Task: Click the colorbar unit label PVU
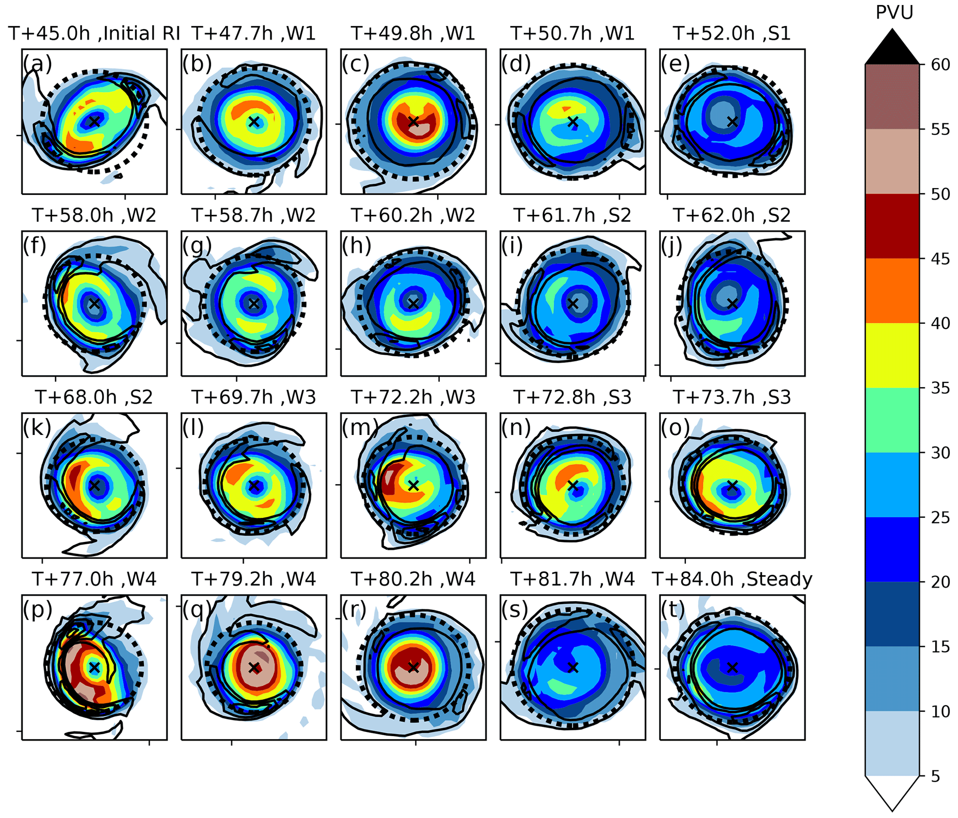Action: [x=894, y=13]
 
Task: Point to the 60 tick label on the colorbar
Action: [x=941, y=64]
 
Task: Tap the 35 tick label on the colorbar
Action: [x=941, y=388]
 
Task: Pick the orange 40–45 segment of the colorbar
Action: [x=892, y=290]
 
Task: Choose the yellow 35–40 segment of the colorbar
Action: [x=892, y=355]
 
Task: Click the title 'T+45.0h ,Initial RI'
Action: [x=94, y=34]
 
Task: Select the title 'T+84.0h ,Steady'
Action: [x=732, y=579]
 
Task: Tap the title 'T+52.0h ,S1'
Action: [x=732, y=34]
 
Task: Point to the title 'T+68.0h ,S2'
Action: [x=94, y=397]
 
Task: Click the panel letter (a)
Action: [x=38, y=63]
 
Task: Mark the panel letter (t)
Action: [x=673, y=610]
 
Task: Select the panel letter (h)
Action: [x=356, y=245]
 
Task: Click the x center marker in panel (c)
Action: [x=413, y=122]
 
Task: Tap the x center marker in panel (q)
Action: [x=254, y=667]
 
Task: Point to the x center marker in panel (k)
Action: [x=95, y=486]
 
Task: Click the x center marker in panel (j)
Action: [x=732, y=304]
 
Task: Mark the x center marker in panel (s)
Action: [x=573, y=667]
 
